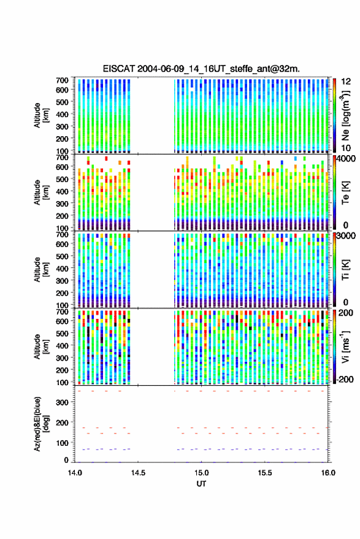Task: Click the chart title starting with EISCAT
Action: point(201,69)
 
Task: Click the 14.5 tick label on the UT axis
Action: point(138,473)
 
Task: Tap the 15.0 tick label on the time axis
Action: point(201,473)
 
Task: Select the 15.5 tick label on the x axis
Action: point(264,473)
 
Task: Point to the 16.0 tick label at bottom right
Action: point(328,473)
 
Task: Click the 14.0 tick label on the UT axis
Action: point(75,473)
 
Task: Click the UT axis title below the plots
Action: point(201,484)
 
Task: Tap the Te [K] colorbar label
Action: point(345,193)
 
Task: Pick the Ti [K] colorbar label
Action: point(345,270)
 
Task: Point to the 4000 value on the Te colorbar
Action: point(347,159)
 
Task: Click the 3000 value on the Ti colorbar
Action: point(347,236)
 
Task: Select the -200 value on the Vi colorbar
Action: point(345,380)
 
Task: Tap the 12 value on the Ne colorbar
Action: point(346,82)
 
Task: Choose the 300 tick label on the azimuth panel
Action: point(62,402)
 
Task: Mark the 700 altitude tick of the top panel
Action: point(62,80)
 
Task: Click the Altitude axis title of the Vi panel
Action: point(41,346)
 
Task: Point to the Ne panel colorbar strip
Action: point(335,115)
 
